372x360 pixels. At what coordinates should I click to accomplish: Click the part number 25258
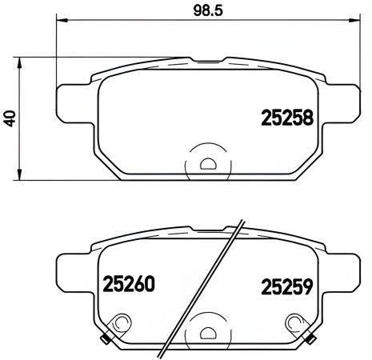[x=286, y=119]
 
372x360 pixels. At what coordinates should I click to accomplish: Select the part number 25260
[x=127, y=283]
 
